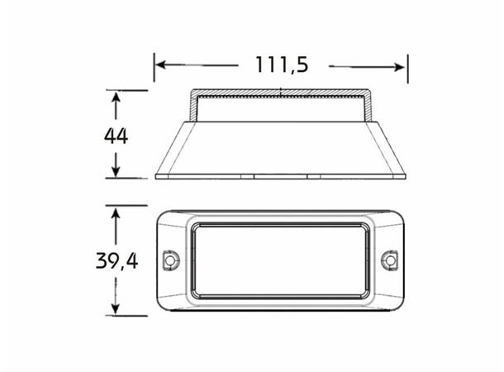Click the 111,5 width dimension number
[282, 65]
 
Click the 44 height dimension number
[116, 136]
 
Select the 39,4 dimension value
[116, 261]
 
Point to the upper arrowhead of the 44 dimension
[116, 98]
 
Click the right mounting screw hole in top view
[389, 260]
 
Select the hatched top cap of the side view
[281, 92]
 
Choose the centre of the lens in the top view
[280, 260]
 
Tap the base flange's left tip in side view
[157, 175]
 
